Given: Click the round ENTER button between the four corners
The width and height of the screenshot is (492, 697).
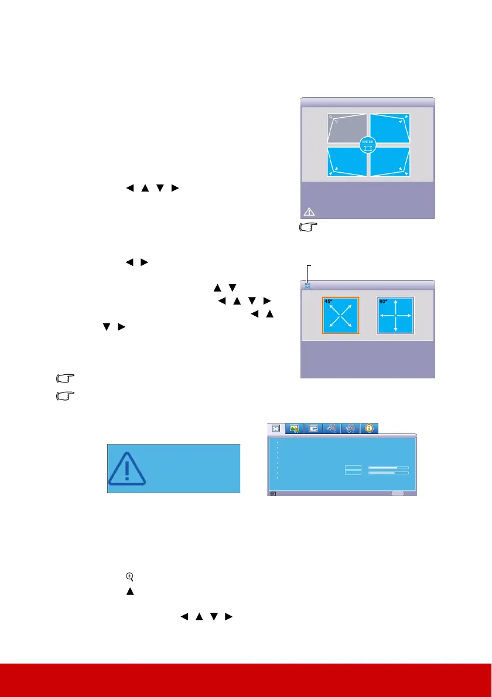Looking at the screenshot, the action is (x=368, y=144).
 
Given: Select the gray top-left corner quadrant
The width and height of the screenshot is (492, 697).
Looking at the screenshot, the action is (x=347, y=128).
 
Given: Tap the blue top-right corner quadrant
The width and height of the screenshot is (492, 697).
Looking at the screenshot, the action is (x=389, y=128).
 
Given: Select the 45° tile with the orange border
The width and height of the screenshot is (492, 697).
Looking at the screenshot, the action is (x=340, y=316).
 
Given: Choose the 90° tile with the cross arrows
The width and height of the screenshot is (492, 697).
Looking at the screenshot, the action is (x=395, y=316).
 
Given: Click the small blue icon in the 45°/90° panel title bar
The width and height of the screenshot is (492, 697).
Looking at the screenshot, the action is (x=309, y=286).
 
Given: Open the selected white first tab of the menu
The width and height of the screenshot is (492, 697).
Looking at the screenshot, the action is (x=275, y=429).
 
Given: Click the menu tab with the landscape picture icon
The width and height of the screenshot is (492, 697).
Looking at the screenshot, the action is (x=294, y=429).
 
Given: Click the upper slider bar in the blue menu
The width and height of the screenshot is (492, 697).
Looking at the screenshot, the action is (x=388, y=467).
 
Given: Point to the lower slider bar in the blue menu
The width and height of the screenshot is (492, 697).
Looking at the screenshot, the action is (x=388, y=473).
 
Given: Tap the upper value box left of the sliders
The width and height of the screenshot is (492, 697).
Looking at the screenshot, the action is (x=353, y=467).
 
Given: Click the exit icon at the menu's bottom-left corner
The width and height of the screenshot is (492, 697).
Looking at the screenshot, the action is (x=273, y=494).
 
